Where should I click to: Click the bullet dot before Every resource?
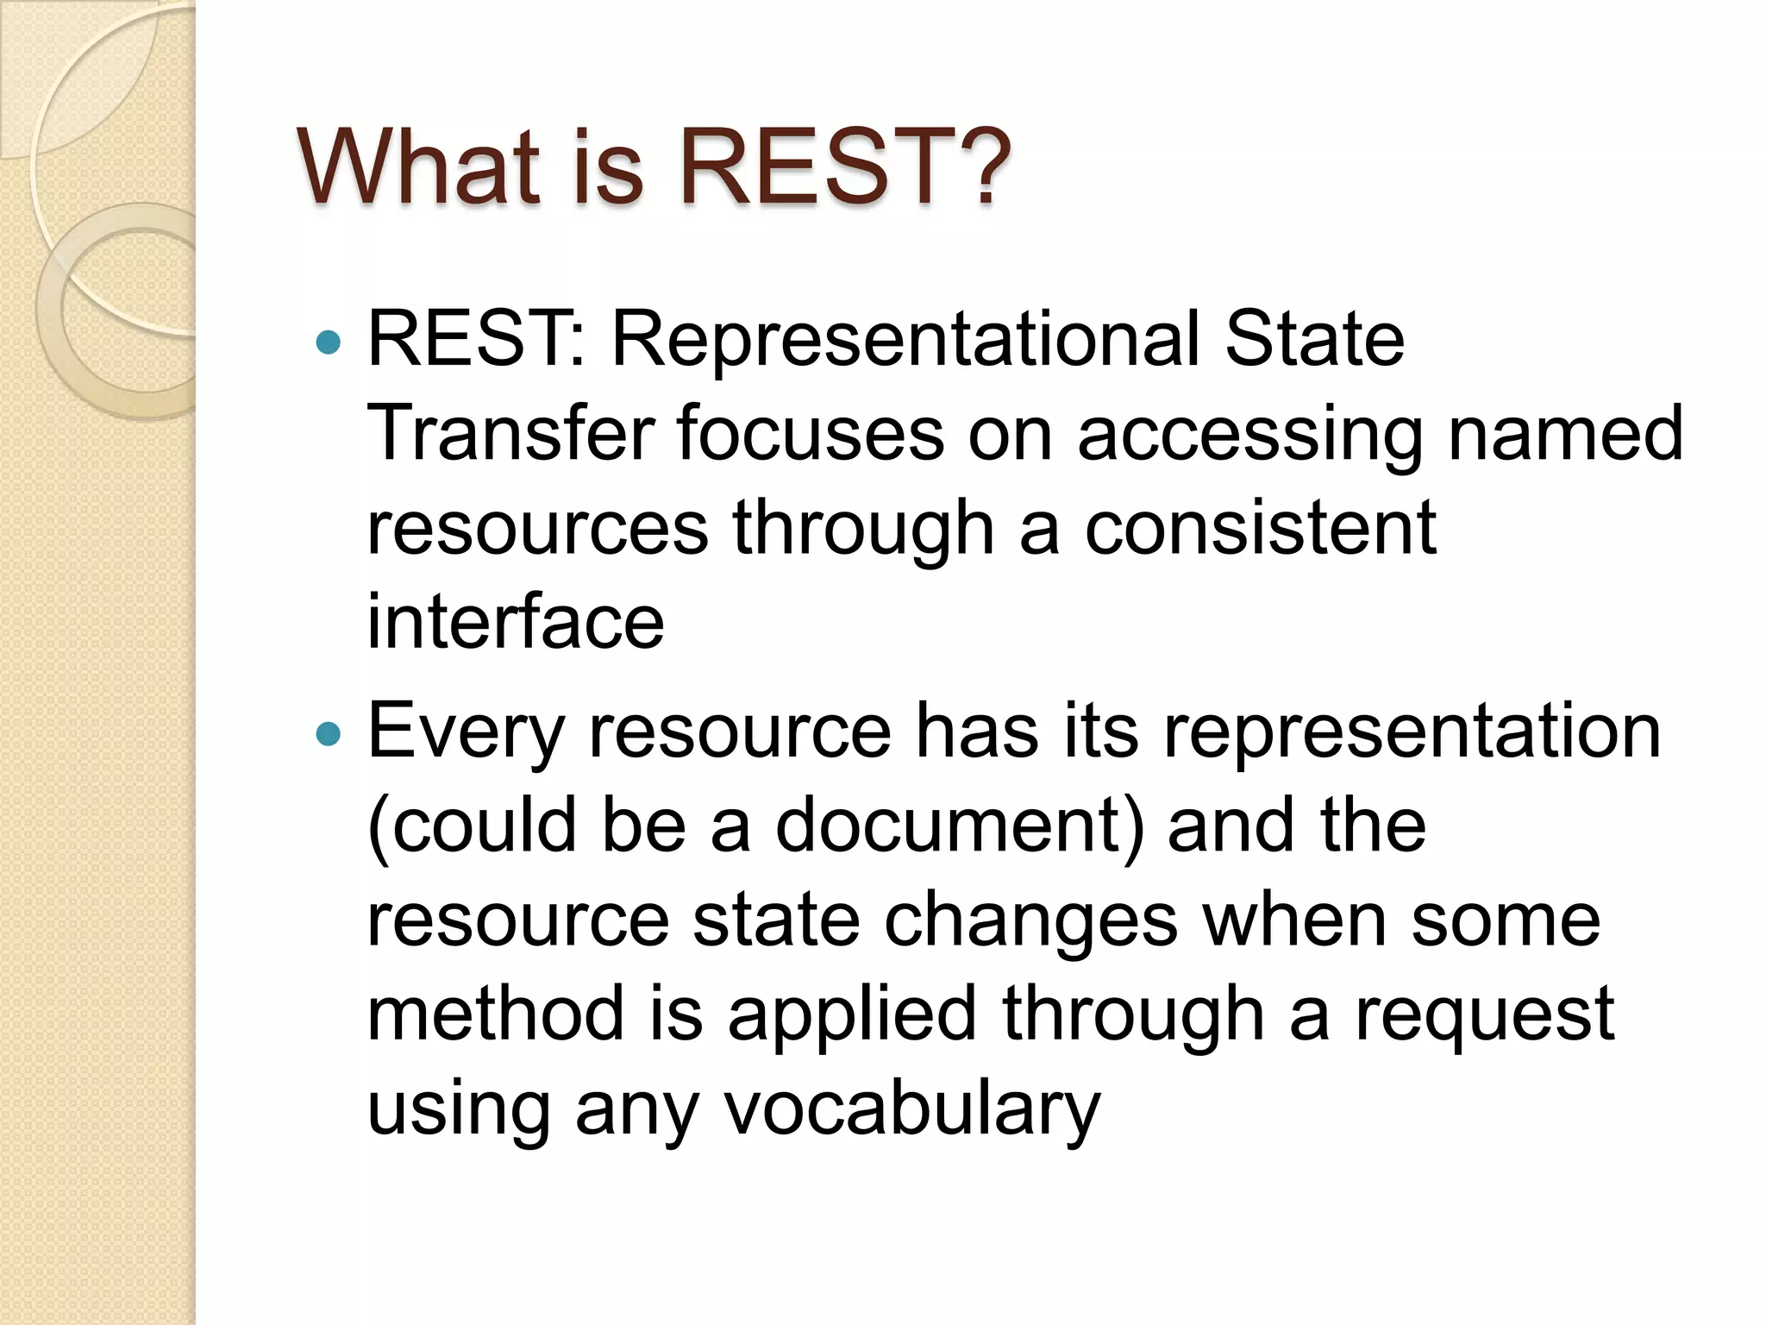click(x=329, y=735)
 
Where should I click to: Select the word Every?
click(x=466, y=733)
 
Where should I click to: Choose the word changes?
click(x=1030, y=921)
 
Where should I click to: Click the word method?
click(x=496, y=1014)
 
